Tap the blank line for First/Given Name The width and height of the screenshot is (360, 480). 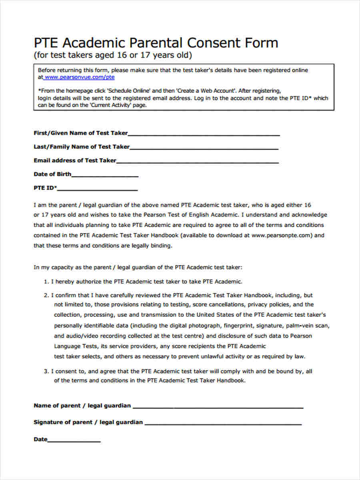[204, 134]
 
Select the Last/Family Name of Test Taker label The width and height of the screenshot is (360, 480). [82, 147]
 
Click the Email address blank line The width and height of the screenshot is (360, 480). [198, 162]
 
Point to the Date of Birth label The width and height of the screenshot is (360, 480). [52, 174]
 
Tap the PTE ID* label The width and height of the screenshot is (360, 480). [45, 188]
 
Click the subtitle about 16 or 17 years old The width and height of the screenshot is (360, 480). [113, 55]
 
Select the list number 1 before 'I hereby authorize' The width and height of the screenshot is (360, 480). [46, 282]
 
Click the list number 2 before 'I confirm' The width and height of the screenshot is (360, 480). [46, 296]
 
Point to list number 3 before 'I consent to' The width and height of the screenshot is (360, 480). [46, 372]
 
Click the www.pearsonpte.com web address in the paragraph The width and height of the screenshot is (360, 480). [281, 236]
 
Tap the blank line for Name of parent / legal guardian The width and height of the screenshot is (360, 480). [218, 407]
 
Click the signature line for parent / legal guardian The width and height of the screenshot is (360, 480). [223, 424]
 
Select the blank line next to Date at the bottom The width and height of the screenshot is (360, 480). [74, 441]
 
